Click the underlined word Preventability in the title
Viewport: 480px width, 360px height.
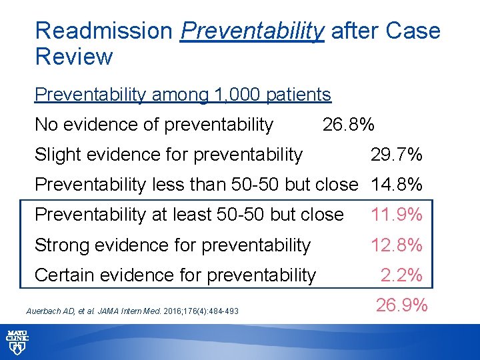252,31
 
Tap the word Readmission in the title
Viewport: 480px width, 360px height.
103,31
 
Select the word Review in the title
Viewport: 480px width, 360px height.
73,57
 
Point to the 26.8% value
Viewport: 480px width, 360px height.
348,125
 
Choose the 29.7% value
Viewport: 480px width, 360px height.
396,155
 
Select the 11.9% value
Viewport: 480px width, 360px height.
396,215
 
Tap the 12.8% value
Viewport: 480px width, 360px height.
396,245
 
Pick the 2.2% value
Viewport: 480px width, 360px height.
401,275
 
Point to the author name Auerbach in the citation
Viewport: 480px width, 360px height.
42,311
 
